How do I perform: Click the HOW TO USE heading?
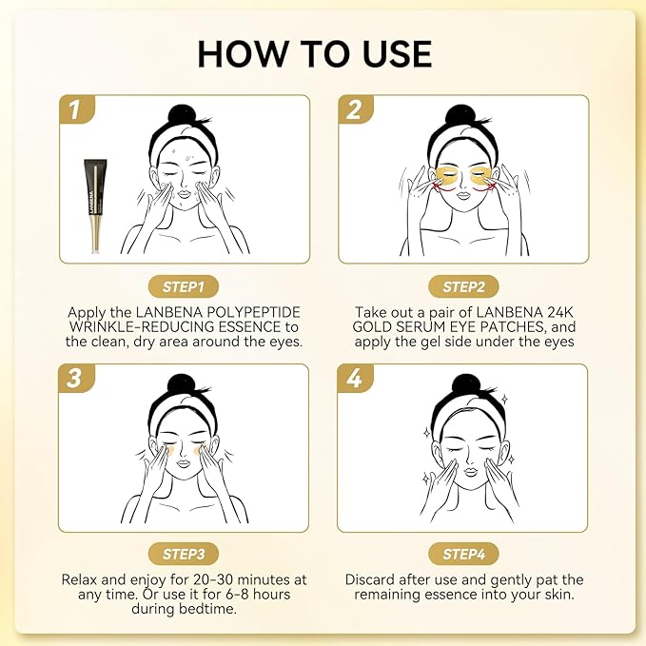pyautogui.click(x=315, y=53)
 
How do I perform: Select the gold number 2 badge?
pyautogui.click(x=355, y=110)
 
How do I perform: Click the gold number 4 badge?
pyautogui.click(x=355, y=379)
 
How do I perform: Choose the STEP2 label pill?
pyautogui.click(x=463, y=286)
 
